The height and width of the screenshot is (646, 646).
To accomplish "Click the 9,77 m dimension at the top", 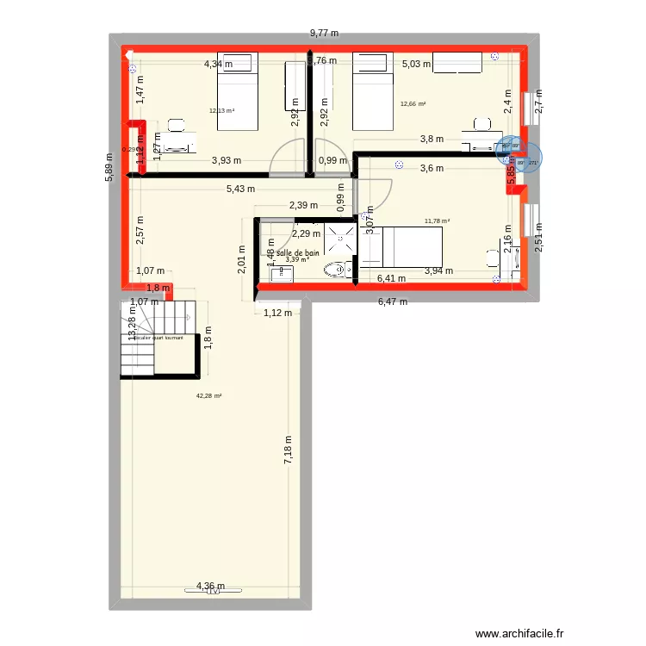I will click(324, 34).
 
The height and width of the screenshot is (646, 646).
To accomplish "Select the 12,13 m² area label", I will click(222, 110).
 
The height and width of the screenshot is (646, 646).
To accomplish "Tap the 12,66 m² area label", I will click(413, 104).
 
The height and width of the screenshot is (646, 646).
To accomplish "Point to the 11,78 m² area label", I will click(437, 221).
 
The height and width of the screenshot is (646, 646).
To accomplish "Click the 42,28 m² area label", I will click(208, 396).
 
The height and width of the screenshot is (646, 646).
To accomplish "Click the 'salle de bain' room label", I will click(298, 252).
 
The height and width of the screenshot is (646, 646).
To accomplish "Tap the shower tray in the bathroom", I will click(340, 240).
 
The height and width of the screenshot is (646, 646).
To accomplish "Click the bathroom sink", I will click(281, 275).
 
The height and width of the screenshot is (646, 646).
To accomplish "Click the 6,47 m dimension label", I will click(392, 301).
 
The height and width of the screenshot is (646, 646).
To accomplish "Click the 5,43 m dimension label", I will click(240, 189).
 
